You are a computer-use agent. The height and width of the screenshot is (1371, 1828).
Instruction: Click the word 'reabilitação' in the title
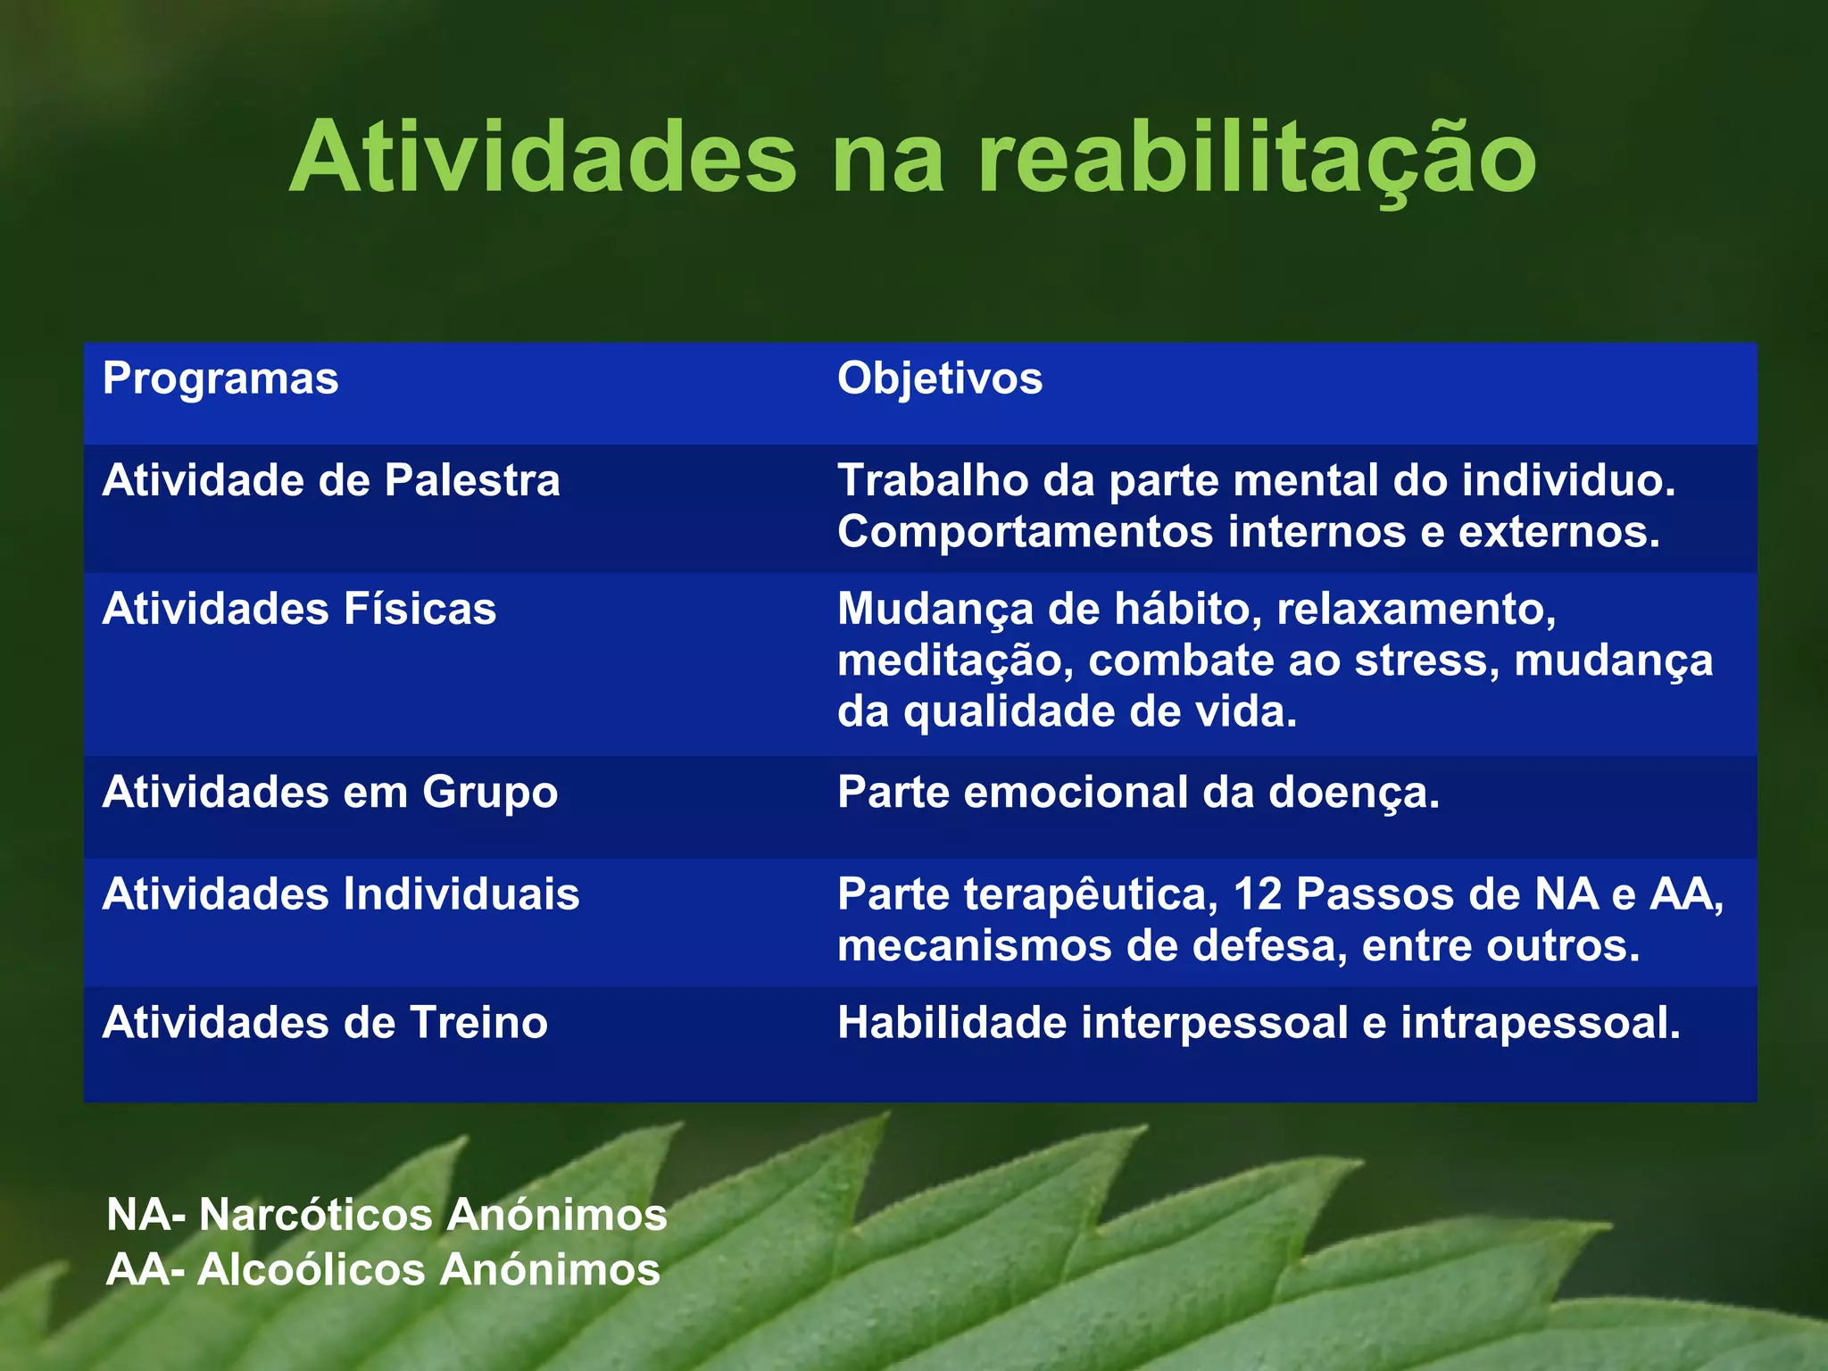1257,159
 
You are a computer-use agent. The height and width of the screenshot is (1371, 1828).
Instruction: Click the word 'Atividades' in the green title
542,157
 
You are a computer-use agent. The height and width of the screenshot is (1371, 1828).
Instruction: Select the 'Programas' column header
220,378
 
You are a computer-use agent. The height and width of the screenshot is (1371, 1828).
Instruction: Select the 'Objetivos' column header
939,378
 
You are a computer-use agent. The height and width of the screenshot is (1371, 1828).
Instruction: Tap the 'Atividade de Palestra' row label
331,481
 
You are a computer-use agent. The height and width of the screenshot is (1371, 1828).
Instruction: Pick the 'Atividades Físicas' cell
299,610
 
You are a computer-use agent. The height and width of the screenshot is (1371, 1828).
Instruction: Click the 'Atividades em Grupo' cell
330,793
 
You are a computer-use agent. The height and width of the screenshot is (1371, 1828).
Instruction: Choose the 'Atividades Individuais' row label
341,894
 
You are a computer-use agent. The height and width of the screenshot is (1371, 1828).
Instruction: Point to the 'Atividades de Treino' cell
325,1023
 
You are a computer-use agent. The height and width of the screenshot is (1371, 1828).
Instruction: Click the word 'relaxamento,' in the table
1416,610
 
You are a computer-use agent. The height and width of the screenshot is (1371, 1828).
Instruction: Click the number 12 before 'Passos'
1258,894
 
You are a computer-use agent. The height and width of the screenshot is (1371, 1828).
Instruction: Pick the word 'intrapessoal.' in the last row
1540,1023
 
